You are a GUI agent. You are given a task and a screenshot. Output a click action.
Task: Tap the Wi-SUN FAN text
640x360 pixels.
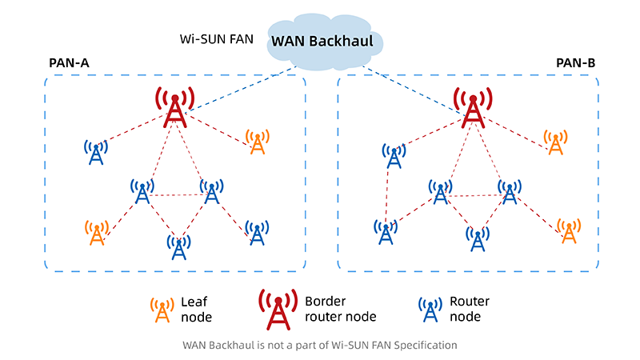tap(214, 38)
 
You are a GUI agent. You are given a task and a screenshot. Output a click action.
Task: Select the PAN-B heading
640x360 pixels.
tap(575, 62)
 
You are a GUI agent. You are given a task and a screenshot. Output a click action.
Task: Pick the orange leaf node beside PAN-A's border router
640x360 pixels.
tap(258, 142)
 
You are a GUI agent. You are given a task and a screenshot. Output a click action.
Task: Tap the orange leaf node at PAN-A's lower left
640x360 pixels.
tap(96, 233)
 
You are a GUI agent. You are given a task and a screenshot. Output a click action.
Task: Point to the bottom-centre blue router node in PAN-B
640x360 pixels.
tap(478, 239)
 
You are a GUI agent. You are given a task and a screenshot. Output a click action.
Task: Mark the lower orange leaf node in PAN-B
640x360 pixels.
tap(569, 231)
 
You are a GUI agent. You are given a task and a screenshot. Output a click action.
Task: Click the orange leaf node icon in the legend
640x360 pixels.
tap(162, 310)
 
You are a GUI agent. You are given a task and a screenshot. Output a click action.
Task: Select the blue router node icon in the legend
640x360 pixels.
tap(431, 310)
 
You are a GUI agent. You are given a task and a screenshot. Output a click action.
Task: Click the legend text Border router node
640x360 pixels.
tap(340, 309)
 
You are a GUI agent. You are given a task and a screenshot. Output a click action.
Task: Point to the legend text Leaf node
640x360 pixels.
tap(196, 309)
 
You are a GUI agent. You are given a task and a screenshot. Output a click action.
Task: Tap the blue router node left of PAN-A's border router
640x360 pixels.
tap(96, 151)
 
